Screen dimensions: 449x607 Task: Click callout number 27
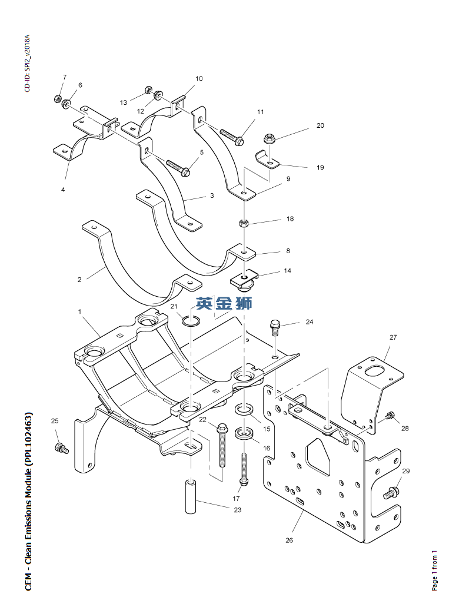pyautogui.click(x=393, y=337)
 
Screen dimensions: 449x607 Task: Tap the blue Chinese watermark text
pyautogui.click(x=224, y=303)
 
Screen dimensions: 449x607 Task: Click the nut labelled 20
pyautogui.click(x=269, y=138)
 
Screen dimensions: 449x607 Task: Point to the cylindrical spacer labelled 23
pyautogui.click(x=191, y=497)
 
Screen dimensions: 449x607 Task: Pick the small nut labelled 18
pyautogui.click(x=244, y=223)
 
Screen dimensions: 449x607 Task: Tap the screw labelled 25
pyautogui.click(x=62, y=448)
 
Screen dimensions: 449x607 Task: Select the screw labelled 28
pyautogui.click(x=390, y=416)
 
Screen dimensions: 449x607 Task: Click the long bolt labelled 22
pyautogui.click(x=222, y=445)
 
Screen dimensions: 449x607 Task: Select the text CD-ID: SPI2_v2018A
pyautogui.click(x=27, y=63)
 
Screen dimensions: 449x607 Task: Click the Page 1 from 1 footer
pyautogui.click(x=434, y=570)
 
